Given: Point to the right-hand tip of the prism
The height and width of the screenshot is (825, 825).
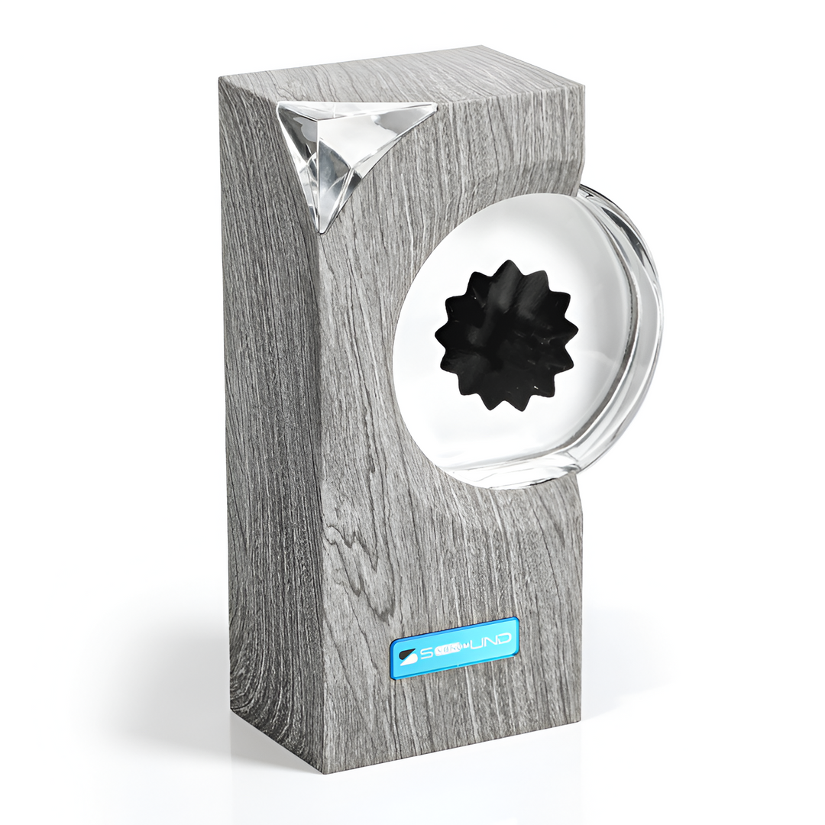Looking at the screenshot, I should coord(435,106).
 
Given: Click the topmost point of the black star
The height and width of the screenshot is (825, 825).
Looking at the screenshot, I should coord(504,261).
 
